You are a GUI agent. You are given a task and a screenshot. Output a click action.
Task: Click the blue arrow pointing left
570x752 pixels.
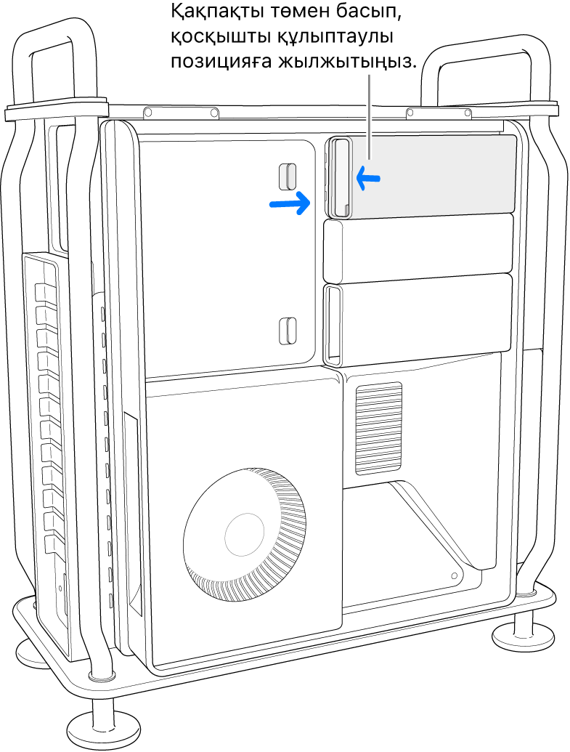coord(368,178)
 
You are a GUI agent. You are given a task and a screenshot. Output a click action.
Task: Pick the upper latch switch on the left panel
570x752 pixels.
coord(288,177)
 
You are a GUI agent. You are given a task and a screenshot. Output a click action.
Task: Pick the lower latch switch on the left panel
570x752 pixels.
coord(288,331)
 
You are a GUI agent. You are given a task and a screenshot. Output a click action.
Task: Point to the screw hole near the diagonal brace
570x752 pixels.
coord(455,575)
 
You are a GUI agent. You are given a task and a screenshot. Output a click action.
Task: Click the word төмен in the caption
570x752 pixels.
coord(296,13)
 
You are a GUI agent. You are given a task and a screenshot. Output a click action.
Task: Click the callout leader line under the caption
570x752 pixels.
coord(369,117)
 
